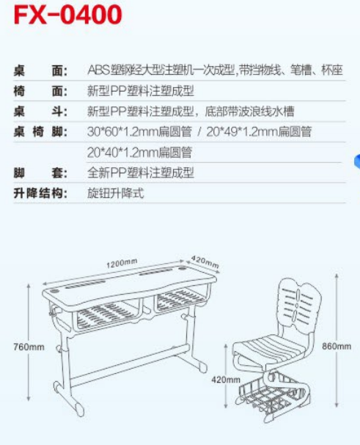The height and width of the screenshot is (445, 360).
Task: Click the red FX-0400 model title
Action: pyautogui.click(x=68, y=15)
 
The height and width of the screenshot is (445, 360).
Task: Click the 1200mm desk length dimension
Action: pyautogui.click(x=122, y=263)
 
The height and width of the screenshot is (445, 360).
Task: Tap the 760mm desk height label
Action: pyautogui.click(x=29, y=347)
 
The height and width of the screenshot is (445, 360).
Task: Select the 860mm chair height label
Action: pyautogui.click(x=337, y=346)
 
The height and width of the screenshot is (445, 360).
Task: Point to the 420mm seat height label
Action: pyautogui.click(x=226, y=380)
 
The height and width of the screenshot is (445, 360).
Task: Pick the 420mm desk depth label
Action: pyautogui.click(x=205, y=262)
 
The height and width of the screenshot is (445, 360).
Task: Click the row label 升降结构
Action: pyautogui.click(x=40, y=194)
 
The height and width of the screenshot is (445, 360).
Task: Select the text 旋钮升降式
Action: pyautogui.click(x=116, y=194)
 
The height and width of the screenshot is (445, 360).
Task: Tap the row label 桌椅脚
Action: pyautogui.click(x=40, y=132)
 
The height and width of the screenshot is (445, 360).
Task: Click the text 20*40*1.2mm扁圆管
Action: pyautogui.click(x=139, y=152)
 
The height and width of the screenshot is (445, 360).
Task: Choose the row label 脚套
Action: pyautogui.click(x=40, y=173)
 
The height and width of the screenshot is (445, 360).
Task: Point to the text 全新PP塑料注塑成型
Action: pyautogui.click(x=141, y=173)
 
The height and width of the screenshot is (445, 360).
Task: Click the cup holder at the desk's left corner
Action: pyautogui.click(x=55, y=291)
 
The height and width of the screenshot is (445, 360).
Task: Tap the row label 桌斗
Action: pyautogui.click(x=40, y=111)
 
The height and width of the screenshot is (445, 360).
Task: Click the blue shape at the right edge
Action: pyautogui.click(x=357, y=161)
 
